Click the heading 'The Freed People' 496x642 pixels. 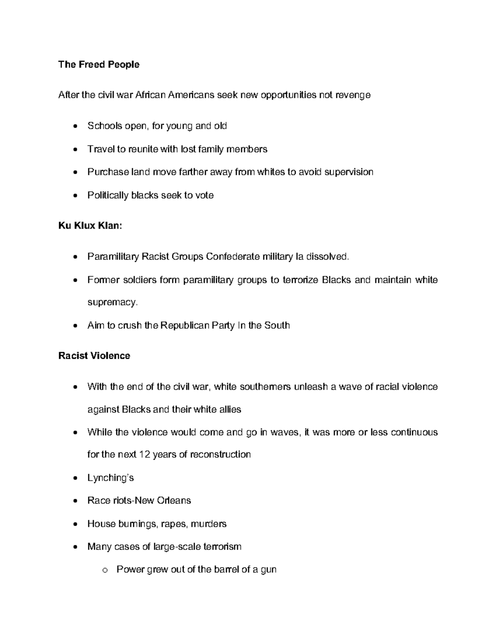click(x=99, y=64)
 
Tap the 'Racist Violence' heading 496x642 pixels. click(x=94, y=356)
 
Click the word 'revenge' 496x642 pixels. click(x=354, y=95)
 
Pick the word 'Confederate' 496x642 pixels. click(x=233, y=257)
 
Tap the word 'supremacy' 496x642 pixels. click(x=111, y=303)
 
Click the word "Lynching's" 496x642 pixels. click(x=110, y=478)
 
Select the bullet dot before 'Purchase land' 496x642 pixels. click(x=75, y=172)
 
